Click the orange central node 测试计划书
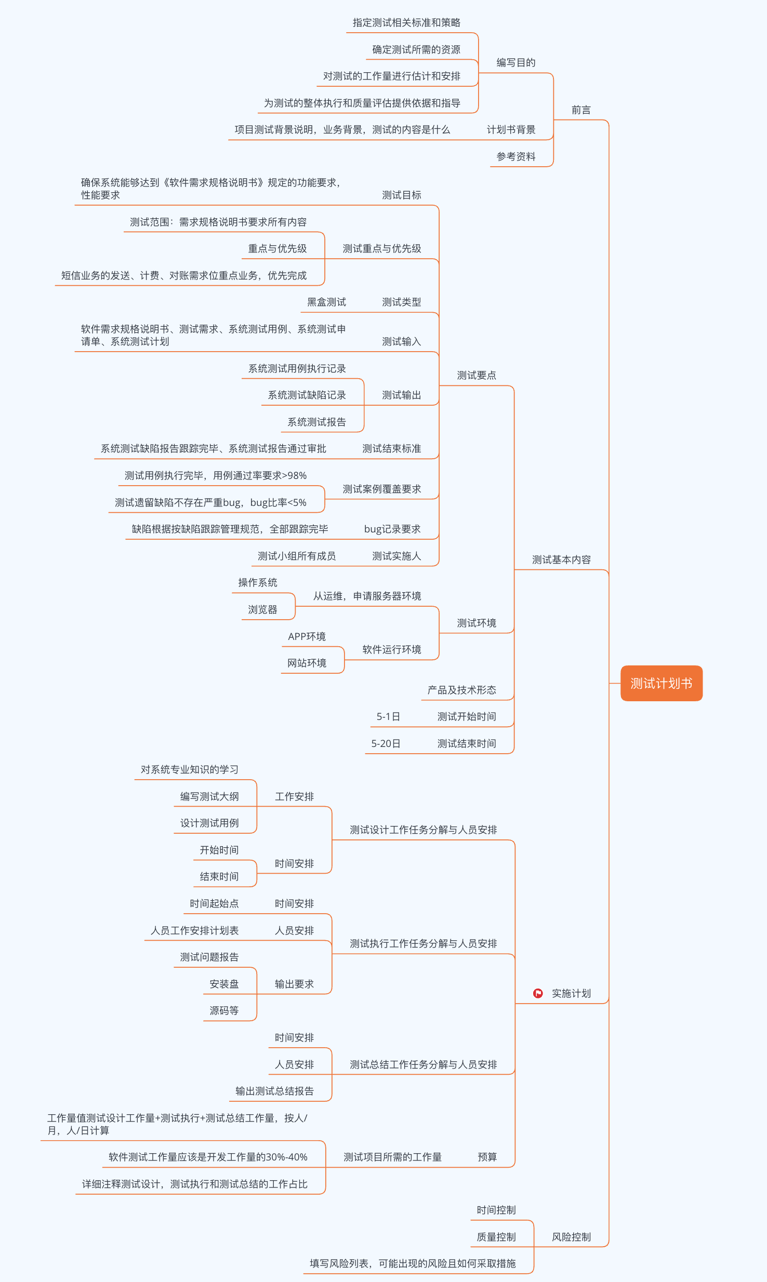coord(661,683)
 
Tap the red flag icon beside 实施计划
coord(538,993)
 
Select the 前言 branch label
coord(581,110)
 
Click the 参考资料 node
coord(515,156)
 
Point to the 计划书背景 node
coord(511,130)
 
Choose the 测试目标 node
coord(401,195)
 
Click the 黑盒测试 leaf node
coord(326,302)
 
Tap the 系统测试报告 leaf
coord(316,422)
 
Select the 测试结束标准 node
coord(391,449)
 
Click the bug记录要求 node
coord(392,529)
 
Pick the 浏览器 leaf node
coord(262,610)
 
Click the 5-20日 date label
coord(386,744)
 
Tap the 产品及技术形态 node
coord(461,690)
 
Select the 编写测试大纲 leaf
coord(209,797)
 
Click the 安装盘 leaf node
coord(224,984)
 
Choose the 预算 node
coord(487,1157)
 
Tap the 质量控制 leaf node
coord(496,1237)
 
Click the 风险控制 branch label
coord(571,1237)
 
